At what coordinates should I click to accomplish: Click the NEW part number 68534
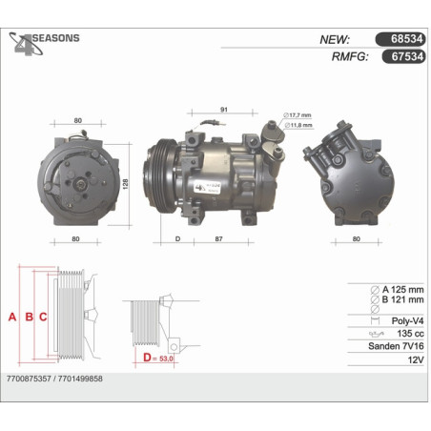coord(406,39)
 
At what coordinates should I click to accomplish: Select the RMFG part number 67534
coord(407,56)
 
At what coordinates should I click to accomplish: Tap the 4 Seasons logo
coord(44,43)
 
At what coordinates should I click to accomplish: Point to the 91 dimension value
coord(224,110)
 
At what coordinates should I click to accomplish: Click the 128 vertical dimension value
coord(125,184)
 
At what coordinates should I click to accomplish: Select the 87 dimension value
coord(218,238)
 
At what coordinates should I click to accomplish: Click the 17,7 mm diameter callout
coord(298,115)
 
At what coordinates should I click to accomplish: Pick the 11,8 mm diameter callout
coord(298,125)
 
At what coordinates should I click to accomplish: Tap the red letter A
coord(12,317)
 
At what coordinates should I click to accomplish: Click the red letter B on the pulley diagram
coord(29,317)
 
